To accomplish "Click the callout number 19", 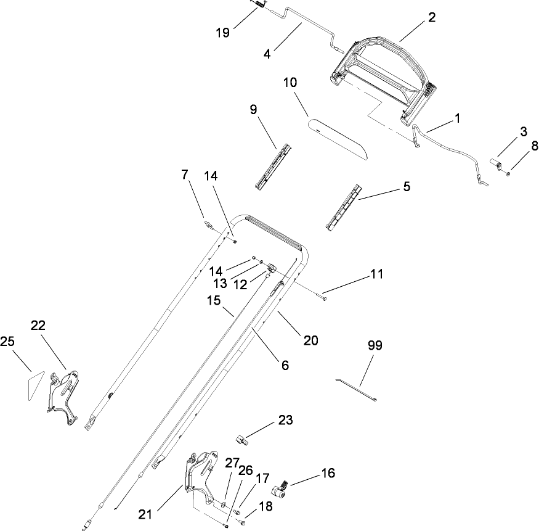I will click(x=223, y=33).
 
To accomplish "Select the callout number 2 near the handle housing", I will click(x=432, y=17).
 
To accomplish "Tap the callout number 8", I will click(x=534, y=146).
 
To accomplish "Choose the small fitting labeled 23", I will click(x=241, y=440).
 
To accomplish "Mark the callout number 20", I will click(x=311, y=339).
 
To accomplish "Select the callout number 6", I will click(x=285, y=364).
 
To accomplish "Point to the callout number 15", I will click(x=213, y=300).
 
